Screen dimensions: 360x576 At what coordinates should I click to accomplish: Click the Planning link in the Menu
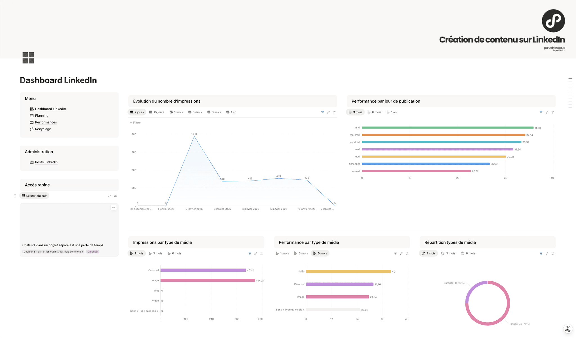point(42,116)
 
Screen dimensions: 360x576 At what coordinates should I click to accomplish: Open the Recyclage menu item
point(43,129)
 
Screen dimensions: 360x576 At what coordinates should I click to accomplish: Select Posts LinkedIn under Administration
point(46,162)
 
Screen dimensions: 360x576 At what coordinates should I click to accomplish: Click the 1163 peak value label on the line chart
point(194,134)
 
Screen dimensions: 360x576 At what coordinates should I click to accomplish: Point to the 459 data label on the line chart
point(278,176)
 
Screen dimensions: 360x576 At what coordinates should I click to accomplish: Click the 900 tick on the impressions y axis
point(134,152)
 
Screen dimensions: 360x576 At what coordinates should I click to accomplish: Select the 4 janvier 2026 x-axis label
point(250,209)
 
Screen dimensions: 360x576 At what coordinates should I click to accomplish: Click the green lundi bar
point(447,128)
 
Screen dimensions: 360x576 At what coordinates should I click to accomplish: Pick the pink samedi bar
point(416,171)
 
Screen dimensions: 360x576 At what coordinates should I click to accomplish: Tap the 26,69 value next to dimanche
point(494,164)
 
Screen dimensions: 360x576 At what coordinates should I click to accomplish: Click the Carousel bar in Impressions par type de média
point(203,270)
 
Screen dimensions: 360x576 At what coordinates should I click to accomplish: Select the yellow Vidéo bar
point(348,271)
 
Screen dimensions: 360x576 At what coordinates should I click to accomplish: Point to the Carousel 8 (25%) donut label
point(454,283)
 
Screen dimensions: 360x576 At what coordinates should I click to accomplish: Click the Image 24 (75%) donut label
point(520,324)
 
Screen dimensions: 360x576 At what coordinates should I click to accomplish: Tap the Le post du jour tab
point(34,196)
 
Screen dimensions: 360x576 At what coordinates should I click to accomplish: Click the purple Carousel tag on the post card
point(93,252)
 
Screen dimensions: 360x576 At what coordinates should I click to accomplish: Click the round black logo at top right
point(553,21)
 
